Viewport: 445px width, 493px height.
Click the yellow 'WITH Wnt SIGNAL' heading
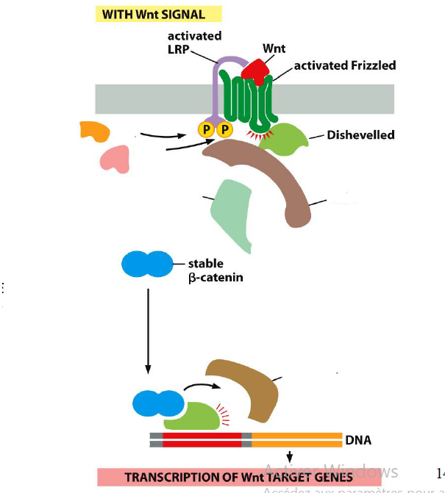point(159,14)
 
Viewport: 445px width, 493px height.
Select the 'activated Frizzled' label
point(344,65)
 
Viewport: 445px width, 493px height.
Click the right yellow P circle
point(224,130)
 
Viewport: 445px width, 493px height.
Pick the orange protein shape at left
point(95,131)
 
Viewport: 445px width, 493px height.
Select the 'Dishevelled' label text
point(360,134)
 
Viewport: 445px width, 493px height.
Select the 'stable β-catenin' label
point(216,270)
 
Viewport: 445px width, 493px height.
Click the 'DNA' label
point(357,441)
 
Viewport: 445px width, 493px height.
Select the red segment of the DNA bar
point(202,440)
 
